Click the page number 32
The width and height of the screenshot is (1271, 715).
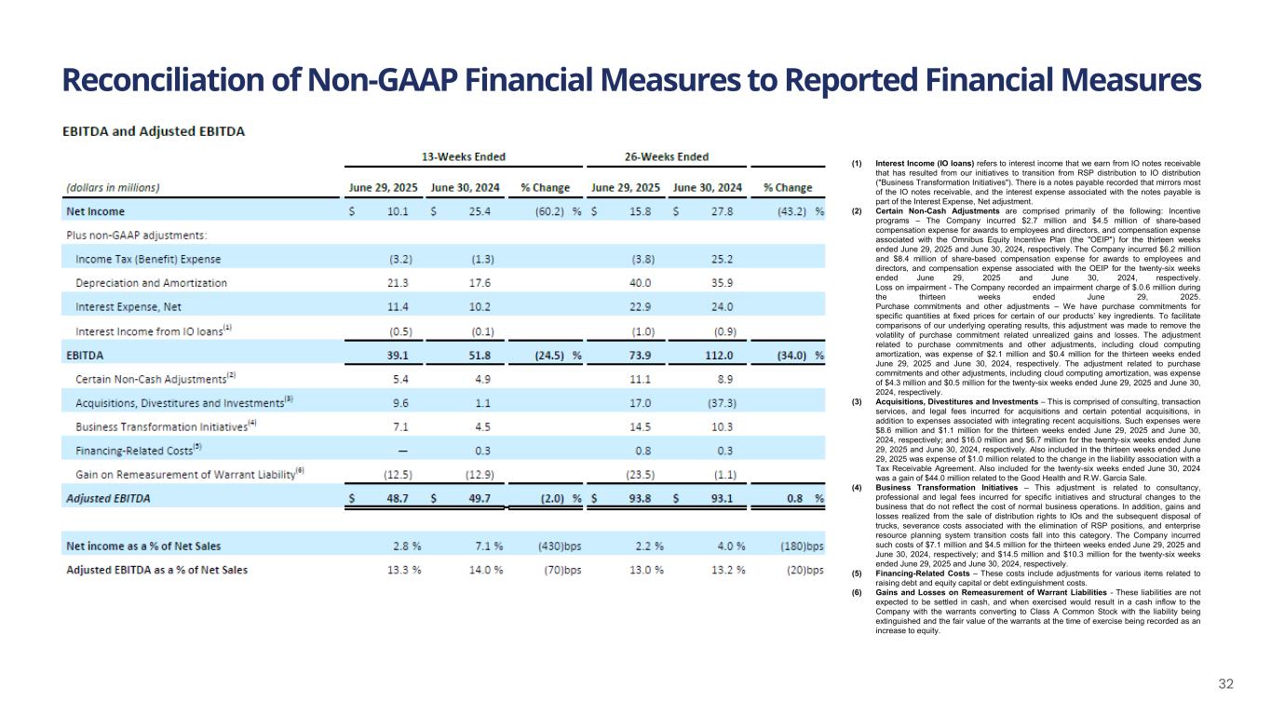1226,684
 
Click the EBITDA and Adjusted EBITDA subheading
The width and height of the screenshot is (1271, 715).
153,131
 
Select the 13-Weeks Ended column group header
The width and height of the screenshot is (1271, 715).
465,156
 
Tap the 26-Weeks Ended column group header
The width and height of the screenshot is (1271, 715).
667,156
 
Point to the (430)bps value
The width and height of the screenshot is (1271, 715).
561,545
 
